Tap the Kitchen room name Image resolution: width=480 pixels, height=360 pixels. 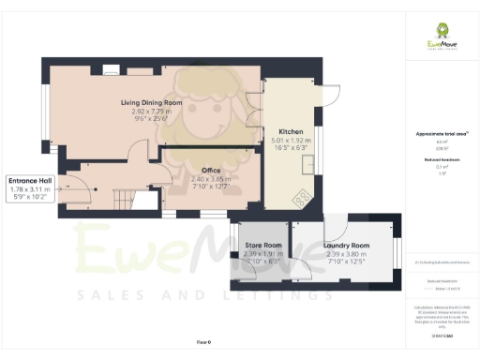point(289,132)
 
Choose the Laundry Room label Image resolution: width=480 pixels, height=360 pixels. point(347,245)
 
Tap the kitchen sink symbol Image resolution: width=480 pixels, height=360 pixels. point(308,165)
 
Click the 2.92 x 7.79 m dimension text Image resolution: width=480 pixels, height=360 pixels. point(151,112)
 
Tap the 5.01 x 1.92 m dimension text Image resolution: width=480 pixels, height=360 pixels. point(289,141)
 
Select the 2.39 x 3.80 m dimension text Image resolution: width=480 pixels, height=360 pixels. point(347,253)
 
